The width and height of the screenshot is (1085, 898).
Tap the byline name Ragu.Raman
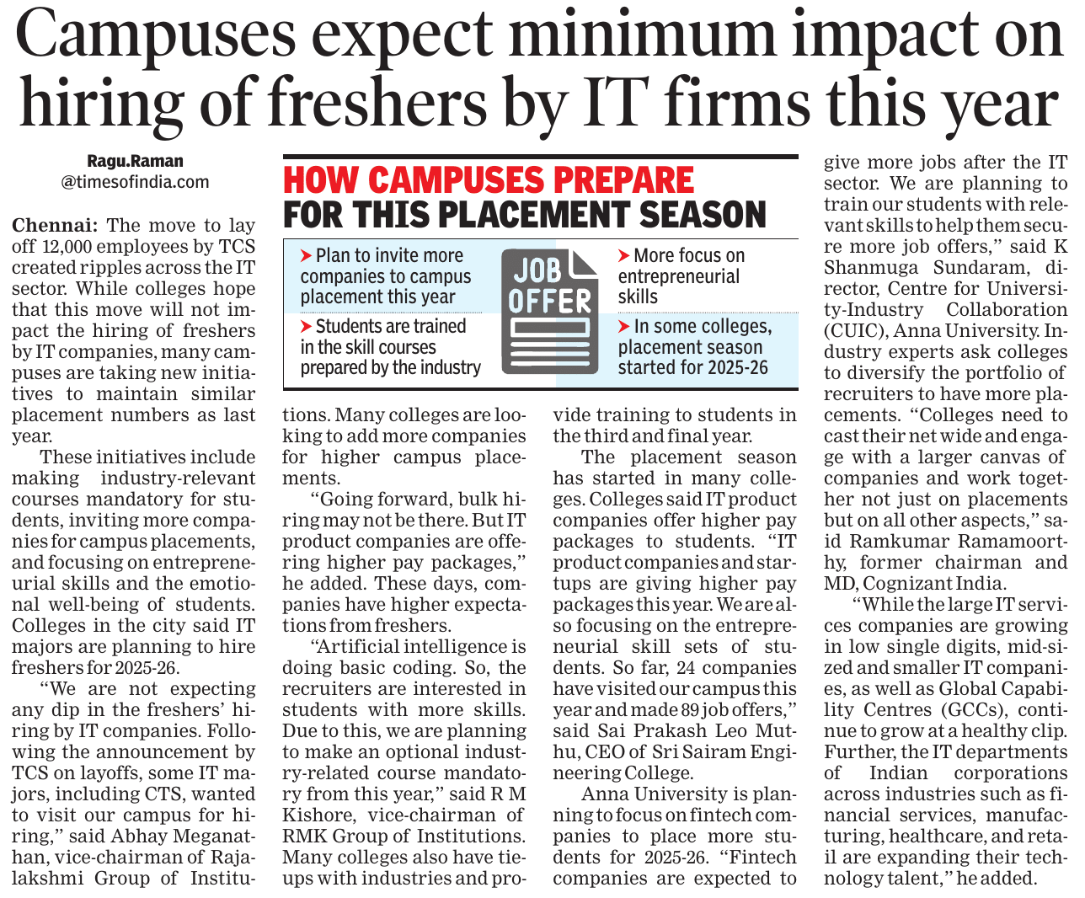coord(135,161)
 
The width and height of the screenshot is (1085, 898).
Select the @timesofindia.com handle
coord(135,182)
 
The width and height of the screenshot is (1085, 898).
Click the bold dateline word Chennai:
coord(55,226)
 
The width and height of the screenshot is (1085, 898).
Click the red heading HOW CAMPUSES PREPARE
coord(489,180)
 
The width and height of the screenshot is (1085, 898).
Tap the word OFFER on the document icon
coord(550,302)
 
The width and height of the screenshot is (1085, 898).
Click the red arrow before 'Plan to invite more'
coord(306,255)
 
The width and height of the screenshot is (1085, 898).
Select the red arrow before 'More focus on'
coord(623,255)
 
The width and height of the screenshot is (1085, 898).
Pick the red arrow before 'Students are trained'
coord(306,326)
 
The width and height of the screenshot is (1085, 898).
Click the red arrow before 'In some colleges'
coord(623,326)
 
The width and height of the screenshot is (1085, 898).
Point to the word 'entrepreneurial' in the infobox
coord(678,276)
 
